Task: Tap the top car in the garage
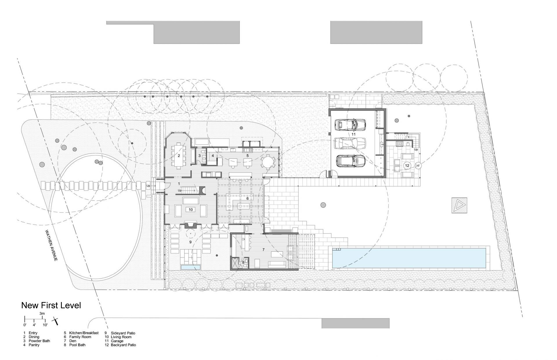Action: tap(346, 125)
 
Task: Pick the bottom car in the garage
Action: tap(350, 161)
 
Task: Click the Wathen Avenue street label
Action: tap(51, 245)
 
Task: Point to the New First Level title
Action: tap(51, 305)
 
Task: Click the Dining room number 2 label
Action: tap(179, 156)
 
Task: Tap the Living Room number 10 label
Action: tap(191, 210)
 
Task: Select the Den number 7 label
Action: tap(263, 250)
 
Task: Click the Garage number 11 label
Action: tap(353, 134)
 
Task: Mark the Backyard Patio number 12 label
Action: tap(407, 166)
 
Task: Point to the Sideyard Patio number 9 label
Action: tap(190, 242)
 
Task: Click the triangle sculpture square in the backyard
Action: tap(459, 206)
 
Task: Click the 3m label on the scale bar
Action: tap(42, 314)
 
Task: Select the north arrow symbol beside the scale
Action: tap(55, 321)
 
